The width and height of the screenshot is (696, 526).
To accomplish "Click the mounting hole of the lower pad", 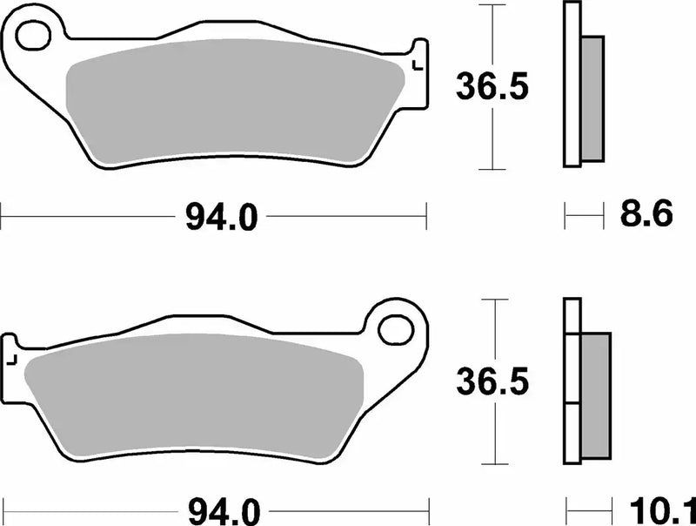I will point(397,329).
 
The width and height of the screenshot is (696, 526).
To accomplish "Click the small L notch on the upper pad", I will point(418,64).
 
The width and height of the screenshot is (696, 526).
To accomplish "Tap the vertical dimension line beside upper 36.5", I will point(493,131).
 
